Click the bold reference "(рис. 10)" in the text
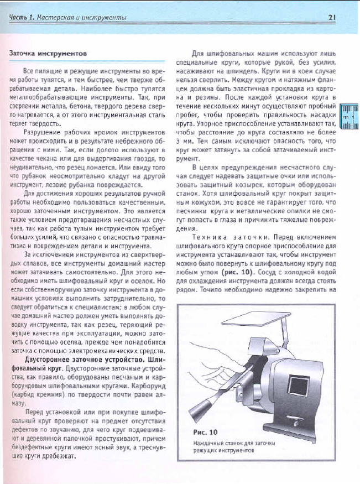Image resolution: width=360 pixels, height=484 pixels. pyautogui.click(x=238, y=272)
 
